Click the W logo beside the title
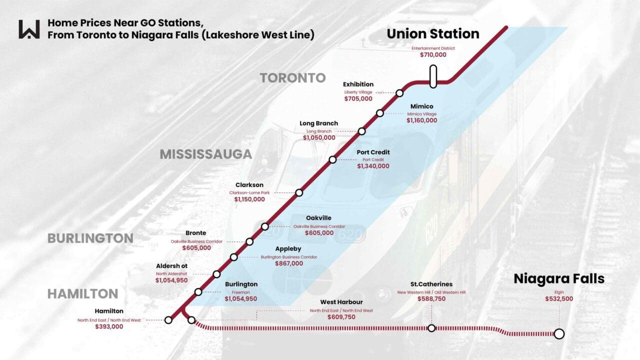[29, 29]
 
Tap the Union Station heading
[433, 34]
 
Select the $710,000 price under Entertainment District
[433, 54]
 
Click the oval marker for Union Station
[433, 76]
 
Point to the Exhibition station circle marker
[399, 93]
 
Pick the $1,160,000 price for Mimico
[421, 120]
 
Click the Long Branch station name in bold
[318, 123]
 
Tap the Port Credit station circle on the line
[332, 160]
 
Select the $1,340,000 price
[373, 166]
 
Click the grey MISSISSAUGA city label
[205, 154]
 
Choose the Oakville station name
[318, 218]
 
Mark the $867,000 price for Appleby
[289, 263]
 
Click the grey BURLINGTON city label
[90, 238]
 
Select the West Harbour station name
[341, 302]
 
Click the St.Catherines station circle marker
[431, 328]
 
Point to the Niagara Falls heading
[559, 279]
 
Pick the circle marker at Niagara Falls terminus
[559, 333]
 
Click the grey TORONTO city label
[292, 78]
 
